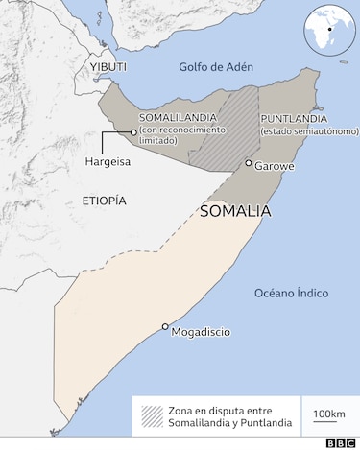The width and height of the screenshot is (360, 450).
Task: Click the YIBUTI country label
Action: point(108,66)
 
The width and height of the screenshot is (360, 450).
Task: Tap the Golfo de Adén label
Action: point(215,66)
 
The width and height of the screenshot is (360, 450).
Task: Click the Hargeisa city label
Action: point(107,162)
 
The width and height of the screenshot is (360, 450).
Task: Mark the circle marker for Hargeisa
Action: point(132,132)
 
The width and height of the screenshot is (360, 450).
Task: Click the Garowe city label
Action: point(275,165)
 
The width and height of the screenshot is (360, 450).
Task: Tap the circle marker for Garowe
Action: point(249,164)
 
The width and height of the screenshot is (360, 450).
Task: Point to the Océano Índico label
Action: point(293,292)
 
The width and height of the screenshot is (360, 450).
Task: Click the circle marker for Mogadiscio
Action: point(165,326)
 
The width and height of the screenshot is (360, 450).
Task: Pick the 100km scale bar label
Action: point(329,414)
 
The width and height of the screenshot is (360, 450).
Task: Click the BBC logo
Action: point(340,442)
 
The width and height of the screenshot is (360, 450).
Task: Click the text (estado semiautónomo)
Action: point(301,130)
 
